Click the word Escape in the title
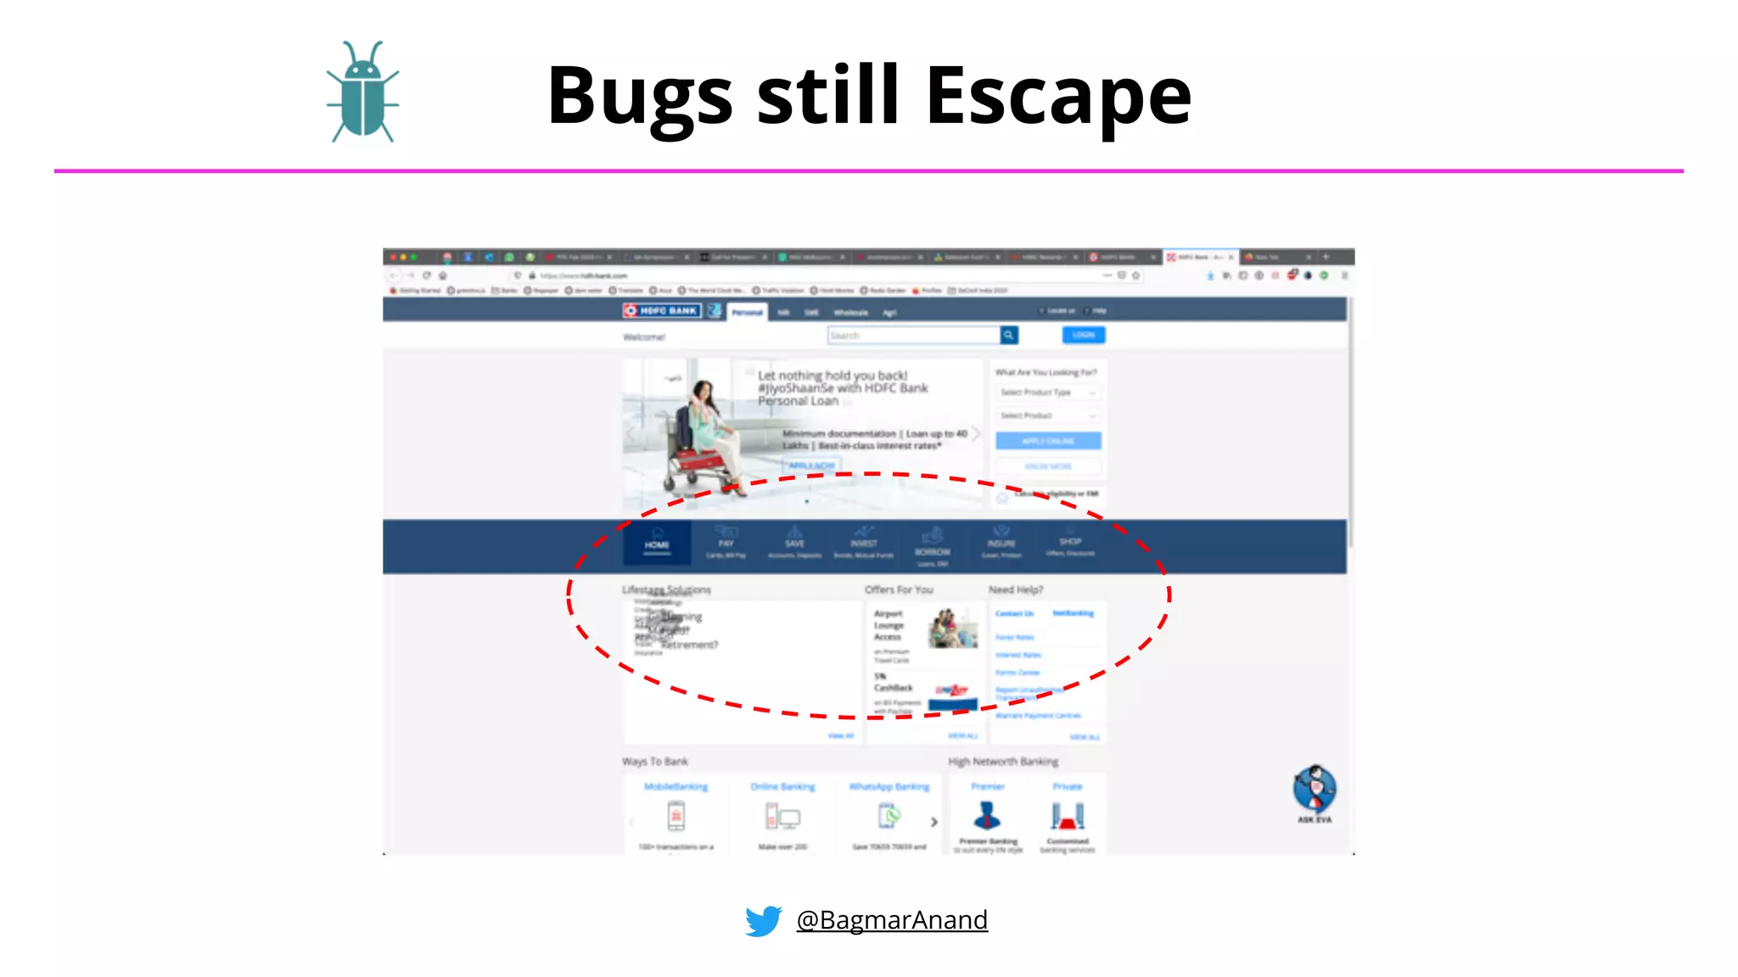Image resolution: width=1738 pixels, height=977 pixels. pyautogui.click(x=1058, y=95)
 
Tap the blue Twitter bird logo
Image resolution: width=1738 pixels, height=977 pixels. pyautogui.click(x=763, y=920)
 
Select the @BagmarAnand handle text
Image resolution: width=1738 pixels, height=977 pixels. pyautogui.click(x=892, y=920)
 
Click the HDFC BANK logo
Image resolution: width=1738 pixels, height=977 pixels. pyautogui.click(x=662, y=311)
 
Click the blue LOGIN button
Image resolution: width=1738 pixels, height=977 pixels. pyautogui.click(x=1084, y=335)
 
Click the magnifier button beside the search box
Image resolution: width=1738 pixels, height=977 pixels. pyautogui.click(x=1009, y=336)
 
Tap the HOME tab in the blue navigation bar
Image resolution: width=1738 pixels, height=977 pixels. pyautogui.click(x=657, y=543)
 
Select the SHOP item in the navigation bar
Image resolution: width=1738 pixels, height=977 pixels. pyautogui.click(x=1070, y=544)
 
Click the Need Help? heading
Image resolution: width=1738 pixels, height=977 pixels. pyautogui.click(x=1016, y=589)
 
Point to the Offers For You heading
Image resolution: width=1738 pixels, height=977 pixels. pyautogui.click(x=899, y=589)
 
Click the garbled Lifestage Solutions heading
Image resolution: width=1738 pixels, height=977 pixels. pyautogui.click(x=666, y=589)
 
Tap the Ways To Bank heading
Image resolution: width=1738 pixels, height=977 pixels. pyautogui.click(x=655, y=762)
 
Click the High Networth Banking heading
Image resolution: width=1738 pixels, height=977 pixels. pyautogui.click(x=1003, y=762)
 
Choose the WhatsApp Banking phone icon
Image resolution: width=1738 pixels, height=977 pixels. pyautogui.click(x=889, y=817)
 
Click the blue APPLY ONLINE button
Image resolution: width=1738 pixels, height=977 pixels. pyautogui.click(x=1048, y=441)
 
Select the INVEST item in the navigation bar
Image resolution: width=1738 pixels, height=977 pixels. pyautogui.click(x=863, y=543)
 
